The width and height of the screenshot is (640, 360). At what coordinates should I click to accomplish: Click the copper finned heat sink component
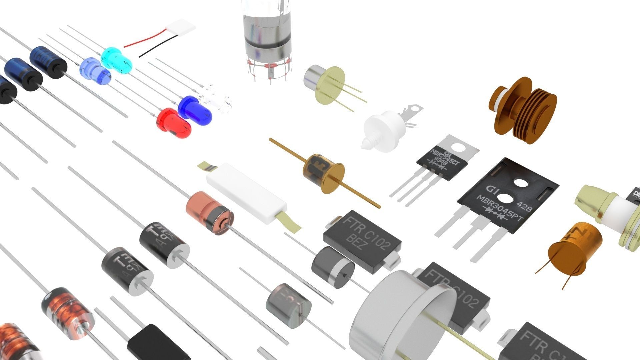click(x=523, y=110)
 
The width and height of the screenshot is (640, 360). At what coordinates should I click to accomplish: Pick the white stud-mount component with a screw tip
click(x=383, y=130)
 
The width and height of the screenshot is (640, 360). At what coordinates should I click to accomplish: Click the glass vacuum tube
click(x=267, y=37)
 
